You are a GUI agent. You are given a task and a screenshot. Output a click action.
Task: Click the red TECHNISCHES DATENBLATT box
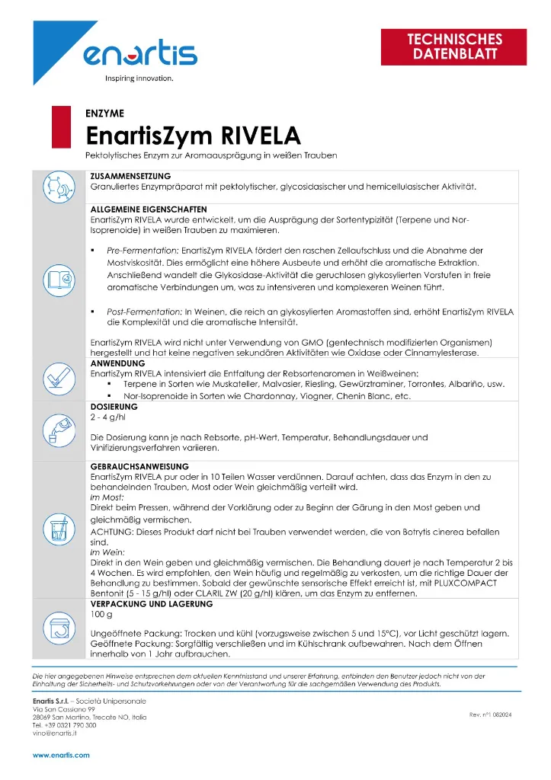(455, 46)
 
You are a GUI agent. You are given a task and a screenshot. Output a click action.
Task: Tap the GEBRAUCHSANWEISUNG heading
(139, 465)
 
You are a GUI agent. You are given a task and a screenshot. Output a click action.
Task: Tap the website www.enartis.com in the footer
(61, 755)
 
